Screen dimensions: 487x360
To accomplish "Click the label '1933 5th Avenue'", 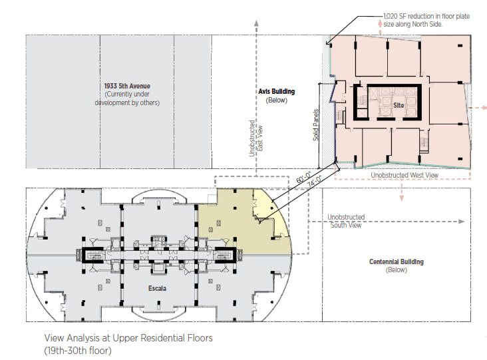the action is (x=127, y=86).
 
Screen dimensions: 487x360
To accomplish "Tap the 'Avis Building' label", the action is (x=276, y=91).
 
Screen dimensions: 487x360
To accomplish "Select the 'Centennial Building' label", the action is (x=397, y=262).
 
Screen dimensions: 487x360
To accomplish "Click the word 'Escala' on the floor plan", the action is (x=157, y=288).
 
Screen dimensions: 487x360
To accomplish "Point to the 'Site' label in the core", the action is (x=399, y=105).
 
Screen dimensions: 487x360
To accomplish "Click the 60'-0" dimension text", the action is (x=303, y=178).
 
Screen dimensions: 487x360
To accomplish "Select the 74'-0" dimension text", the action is (x=314, y=181).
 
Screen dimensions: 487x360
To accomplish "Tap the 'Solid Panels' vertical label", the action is (x=316, y=125).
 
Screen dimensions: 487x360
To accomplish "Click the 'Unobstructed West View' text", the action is (x=405, y=175).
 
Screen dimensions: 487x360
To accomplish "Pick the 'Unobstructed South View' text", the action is (x=346, y=221).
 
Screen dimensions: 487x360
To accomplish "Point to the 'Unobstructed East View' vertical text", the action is (x=256, y=138).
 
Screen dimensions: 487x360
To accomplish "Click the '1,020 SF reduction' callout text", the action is (x=426, y=20).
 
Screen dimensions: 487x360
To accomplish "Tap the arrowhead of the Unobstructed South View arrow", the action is (x=462, y=222).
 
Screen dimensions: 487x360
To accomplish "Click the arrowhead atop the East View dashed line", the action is (x=256, y=23).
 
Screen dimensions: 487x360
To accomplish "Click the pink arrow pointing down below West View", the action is (x=402, y=192).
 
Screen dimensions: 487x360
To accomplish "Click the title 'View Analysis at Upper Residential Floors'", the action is (x=128, y=337).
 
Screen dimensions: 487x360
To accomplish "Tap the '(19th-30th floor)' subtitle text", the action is (x=78, y=351).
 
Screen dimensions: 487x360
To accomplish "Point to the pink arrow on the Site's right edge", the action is (x=478, y=108).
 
